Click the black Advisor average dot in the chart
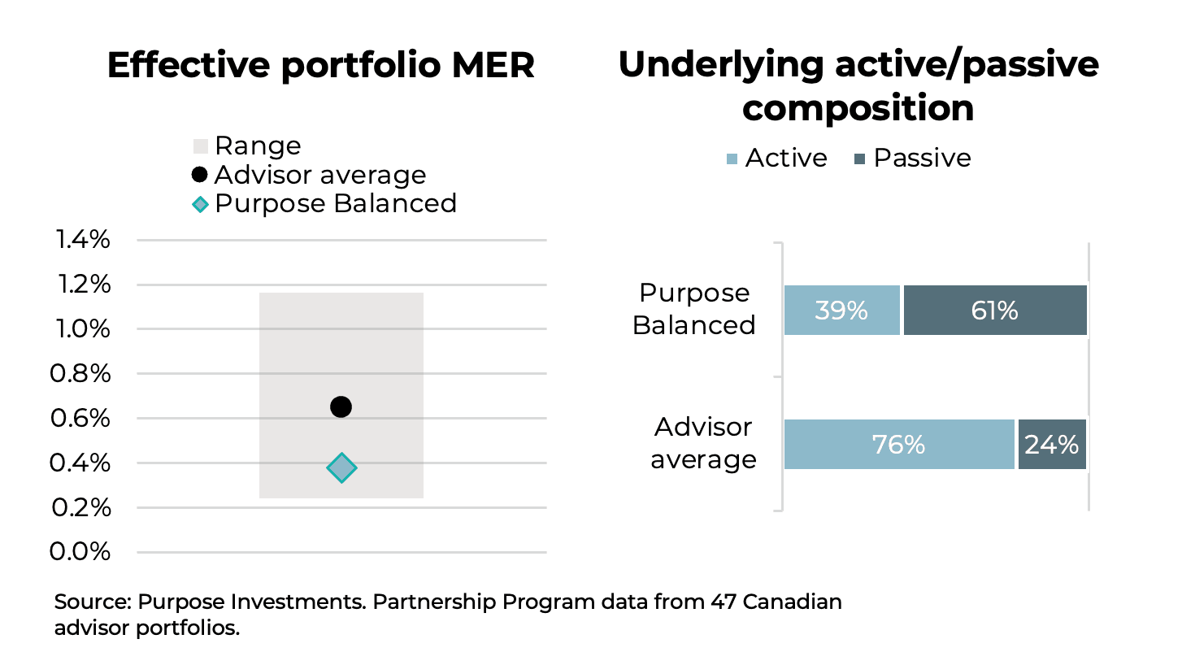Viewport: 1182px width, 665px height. click(x=341, y=406)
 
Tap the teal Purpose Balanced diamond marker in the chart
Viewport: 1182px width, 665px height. click(x=341, y=467)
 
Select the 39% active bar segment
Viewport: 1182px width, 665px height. click(x=842, y=311)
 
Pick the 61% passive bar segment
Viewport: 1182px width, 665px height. click(x=995, y=311)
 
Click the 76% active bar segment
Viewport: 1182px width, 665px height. click(x=899, y=445)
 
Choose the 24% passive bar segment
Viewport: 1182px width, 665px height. click(x=1052, y=445)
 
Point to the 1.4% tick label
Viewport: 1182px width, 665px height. click(x=81, y=241)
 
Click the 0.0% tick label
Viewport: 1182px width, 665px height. click(x=81, y=552)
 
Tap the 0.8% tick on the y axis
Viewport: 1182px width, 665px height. click(x=81, y=374)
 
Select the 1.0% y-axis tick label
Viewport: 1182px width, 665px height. click(x=81, y=329)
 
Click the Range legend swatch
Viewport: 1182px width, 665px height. click(x=200, y=146)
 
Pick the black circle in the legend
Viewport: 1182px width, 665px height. click(x=200, y=175)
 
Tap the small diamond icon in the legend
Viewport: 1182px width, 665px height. click(x=200, y=203)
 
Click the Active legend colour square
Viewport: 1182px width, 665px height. click(x=732, y=159)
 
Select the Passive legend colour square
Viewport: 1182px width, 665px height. click(x=860, y=159)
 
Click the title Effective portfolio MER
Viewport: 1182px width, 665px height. click(x=321, y=66)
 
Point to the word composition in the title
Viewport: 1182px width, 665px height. click(x=858, y=108)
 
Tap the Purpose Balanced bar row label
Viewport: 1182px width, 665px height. click(x=694, y=309)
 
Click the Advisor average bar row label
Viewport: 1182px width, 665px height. click(x=704, y=444)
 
